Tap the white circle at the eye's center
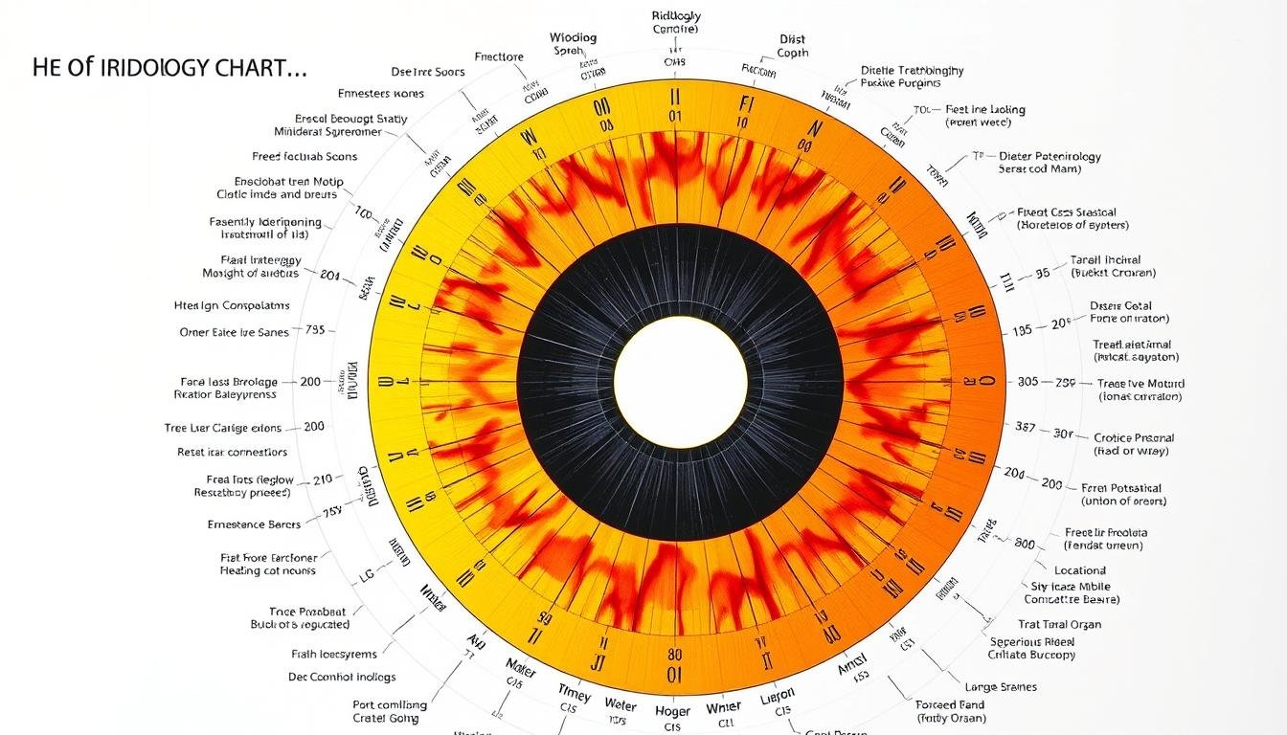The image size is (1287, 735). tap(680, 381)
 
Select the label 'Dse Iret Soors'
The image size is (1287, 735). tap(428, 72)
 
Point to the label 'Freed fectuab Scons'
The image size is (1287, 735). tap(305, 156)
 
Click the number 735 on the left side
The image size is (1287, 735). tap(315, 330)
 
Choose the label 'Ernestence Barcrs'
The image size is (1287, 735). tap(254, 524)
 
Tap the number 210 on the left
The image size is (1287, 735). tap(322, 479)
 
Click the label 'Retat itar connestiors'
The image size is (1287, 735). tap(232, 452)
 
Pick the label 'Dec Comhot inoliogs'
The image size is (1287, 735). tap(342, 677)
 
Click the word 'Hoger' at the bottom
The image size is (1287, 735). tap(672, 711)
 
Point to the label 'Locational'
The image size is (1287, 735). tap(1080, 570)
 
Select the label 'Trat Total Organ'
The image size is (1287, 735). tap(1059, 624)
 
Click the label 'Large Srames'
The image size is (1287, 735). tap(1001, 687)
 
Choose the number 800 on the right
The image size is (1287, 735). tap(1025, 543)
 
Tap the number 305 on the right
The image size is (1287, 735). tap(1027, 381)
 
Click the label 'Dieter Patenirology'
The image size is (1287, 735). tap(1050, 156)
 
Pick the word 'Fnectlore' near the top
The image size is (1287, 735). tap(499, 56)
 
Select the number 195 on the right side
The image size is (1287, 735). tap(1022, 330)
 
